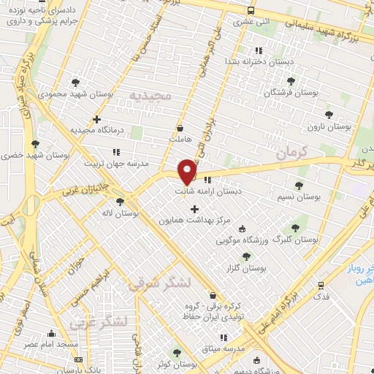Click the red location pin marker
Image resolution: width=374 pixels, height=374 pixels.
pos(188,171)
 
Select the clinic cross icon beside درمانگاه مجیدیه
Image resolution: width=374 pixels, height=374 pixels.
pos(96,119)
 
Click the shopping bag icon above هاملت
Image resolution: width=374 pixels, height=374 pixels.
pos(180,129)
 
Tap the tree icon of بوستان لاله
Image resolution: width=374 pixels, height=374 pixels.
pos(121,202)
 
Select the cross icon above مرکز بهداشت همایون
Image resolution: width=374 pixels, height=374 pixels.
pos(194,210)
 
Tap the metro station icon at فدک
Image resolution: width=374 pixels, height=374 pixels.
pos(320,286)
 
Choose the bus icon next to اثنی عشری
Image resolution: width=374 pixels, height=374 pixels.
pos(251,11)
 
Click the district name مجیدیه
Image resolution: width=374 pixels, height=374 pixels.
pos(150,96)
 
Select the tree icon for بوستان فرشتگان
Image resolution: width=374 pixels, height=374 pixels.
pos(291,81)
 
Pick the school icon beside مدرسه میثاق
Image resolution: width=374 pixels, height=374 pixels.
pos(224,337)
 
